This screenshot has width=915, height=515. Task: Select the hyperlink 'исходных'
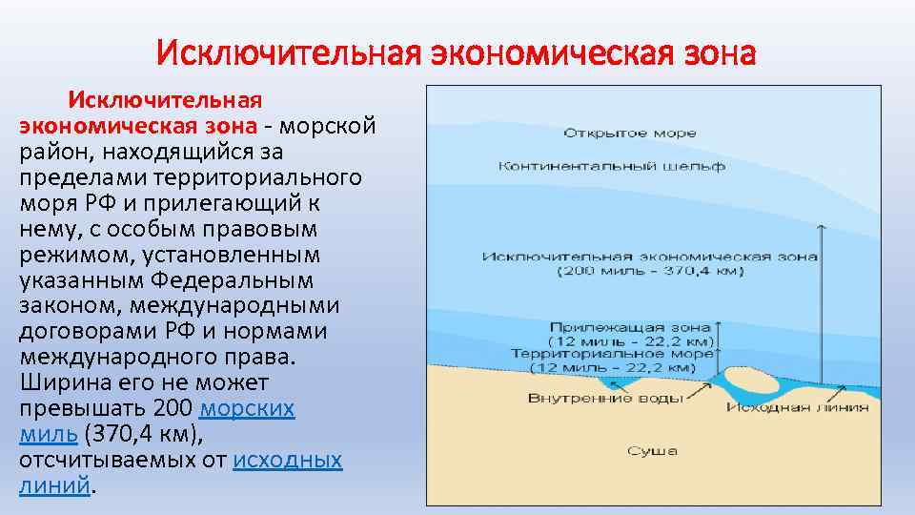[287, 461]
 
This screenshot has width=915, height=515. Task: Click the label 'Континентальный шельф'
[611, 166]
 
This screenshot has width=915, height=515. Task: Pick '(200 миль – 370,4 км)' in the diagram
[651, 271]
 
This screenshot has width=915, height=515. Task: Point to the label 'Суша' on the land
[652, 450]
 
